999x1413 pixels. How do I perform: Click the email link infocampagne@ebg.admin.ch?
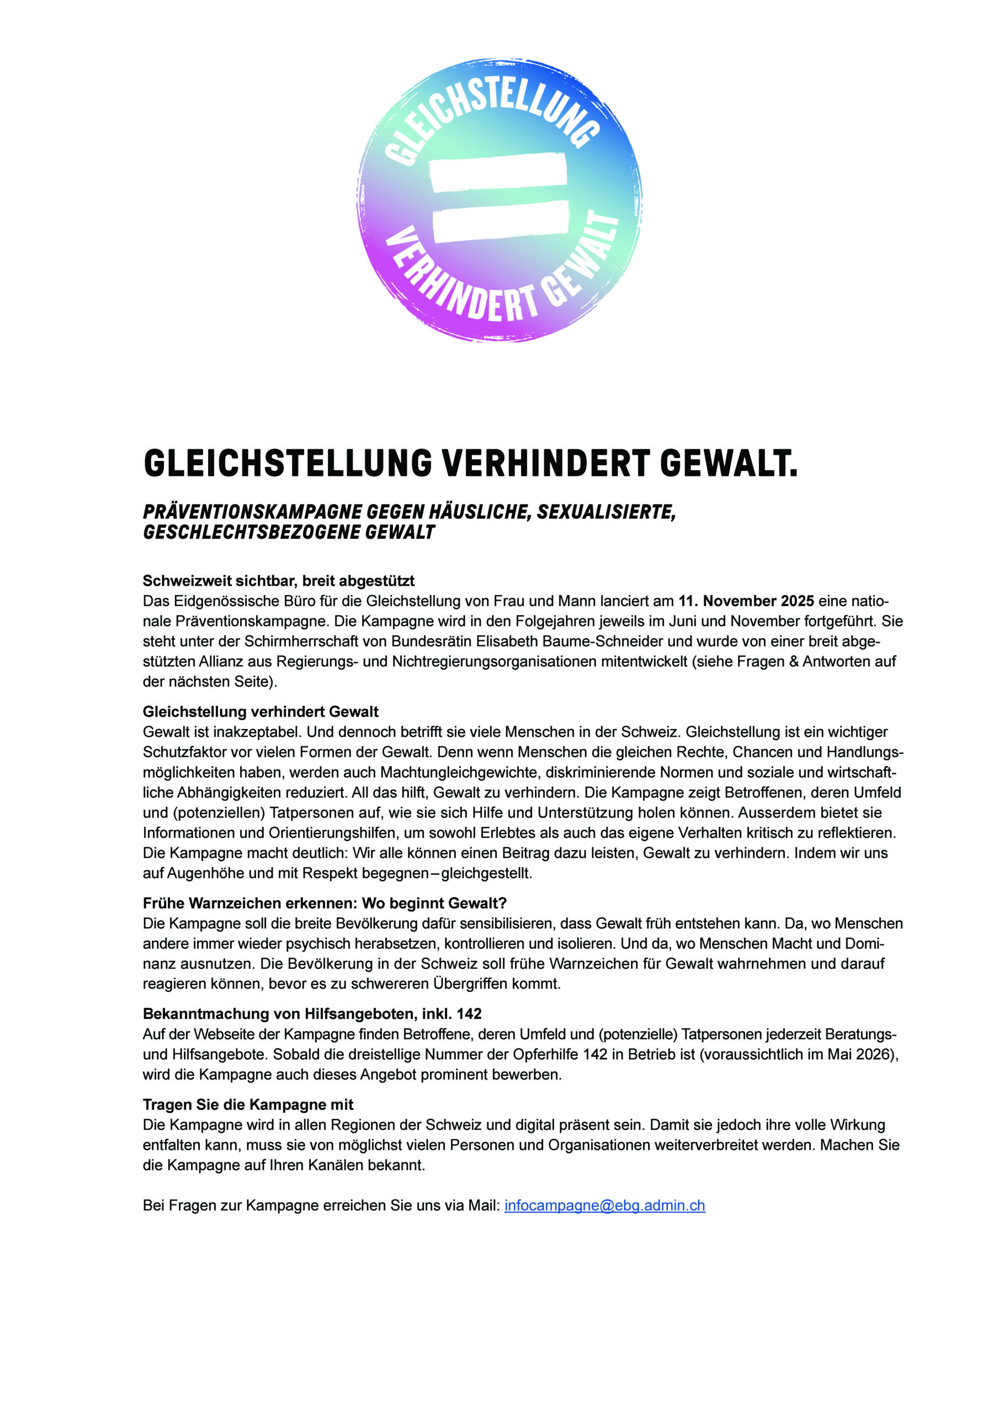click(604, 1205)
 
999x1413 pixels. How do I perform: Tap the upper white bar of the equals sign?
click(498, 172)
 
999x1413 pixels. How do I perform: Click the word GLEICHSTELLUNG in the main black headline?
click(288, 464)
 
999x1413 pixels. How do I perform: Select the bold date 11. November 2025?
click(746, 601)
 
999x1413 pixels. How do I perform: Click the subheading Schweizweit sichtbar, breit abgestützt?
click(278, 580)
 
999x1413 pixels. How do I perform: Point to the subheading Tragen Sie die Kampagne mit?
click(248, 1104)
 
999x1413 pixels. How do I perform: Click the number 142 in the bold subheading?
click(469, 1013)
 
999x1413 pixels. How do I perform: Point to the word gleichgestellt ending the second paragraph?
click(486, 873)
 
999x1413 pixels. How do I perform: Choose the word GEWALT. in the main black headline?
click(728, 464)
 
